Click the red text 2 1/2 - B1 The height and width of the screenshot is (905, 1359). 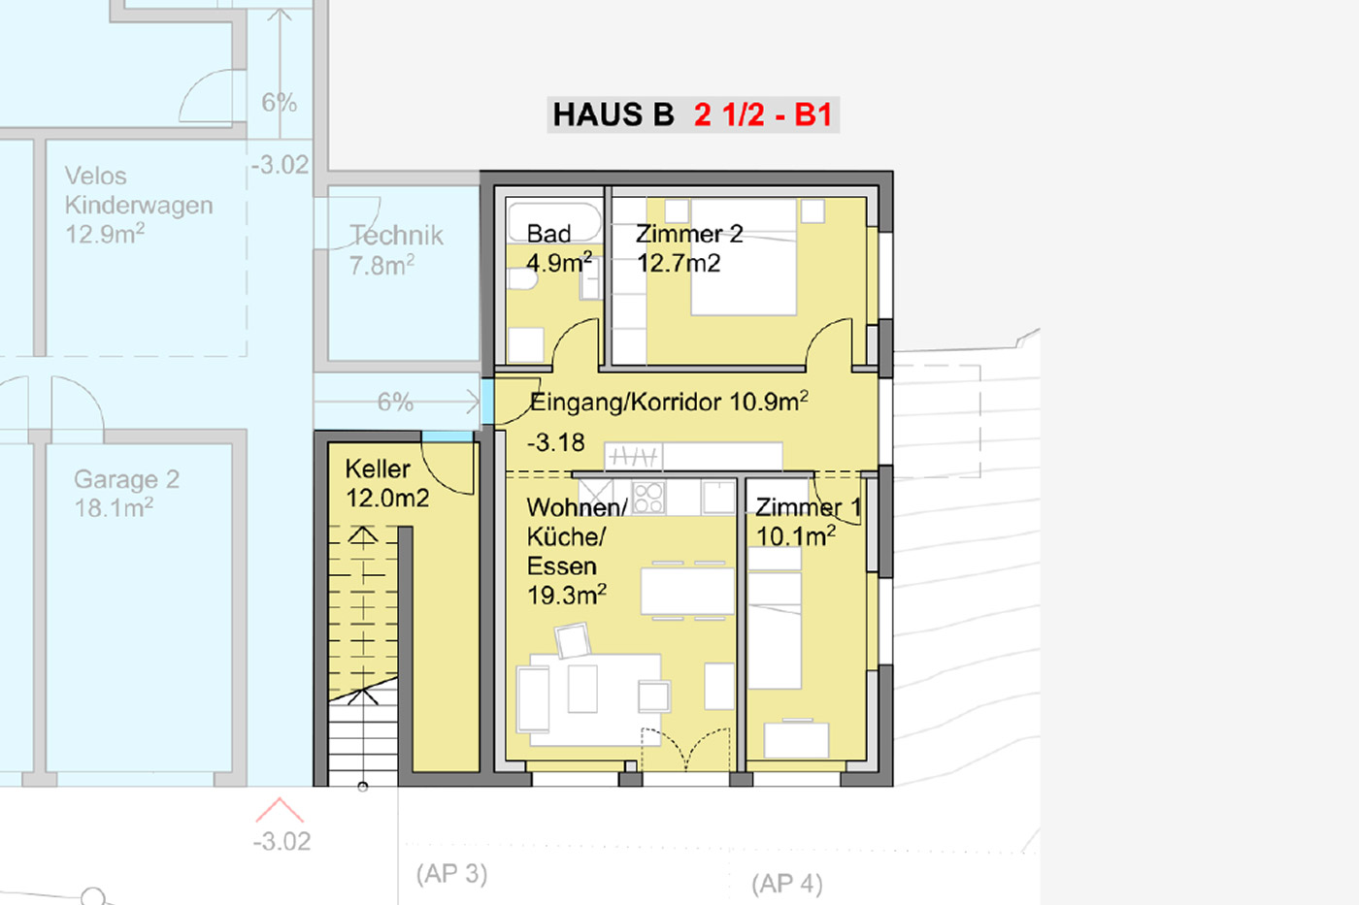tap(763, 114)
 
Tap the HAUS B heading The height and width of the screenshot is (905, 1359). tap(613, 114)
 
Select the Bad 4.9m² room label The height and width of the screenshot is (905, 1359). tap(559, 248)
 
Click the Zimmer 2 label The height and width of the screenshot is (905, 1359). tap(689, 234)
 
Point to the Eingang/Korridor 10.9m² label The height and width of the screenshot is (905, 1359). tap(669, 402)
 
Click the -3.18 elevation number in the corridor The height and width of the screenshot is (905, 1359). tap(555, 442)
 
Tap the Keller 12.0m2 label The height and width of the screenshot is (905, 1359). tap(387, 484)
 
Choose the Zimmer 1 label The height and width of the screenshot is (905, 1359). tap(808, 507)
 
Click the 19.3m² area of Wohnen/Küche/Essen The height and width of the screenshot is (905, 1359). tap(567, 596)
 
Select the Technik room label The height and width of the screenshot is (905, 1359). tap(397, 235)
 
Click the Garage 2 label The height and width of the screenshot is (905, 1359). tap(127, 479)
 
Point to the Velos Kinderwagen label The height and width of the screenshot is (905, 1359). tap(139, 190)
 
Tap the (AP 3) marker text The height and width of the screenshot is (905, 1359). tap(452, 874)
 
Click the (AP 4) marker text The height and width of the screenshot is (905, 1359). tap(787, 885)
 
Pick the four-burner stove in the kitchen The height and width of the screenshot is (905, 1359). tap(648, 498)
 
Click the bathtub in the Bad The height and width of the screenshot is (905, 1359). tap(554, 222)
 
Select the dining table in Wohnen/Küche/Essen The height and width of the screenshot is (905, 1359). tap(687, 591)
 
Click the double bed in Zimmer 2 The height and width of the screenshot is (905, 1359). tap(744, 257)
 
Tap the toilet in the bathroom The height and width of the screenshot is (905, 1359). tap(522, 278)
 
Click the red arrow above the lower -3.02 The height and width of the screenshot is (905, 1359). tap(280, 809)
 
